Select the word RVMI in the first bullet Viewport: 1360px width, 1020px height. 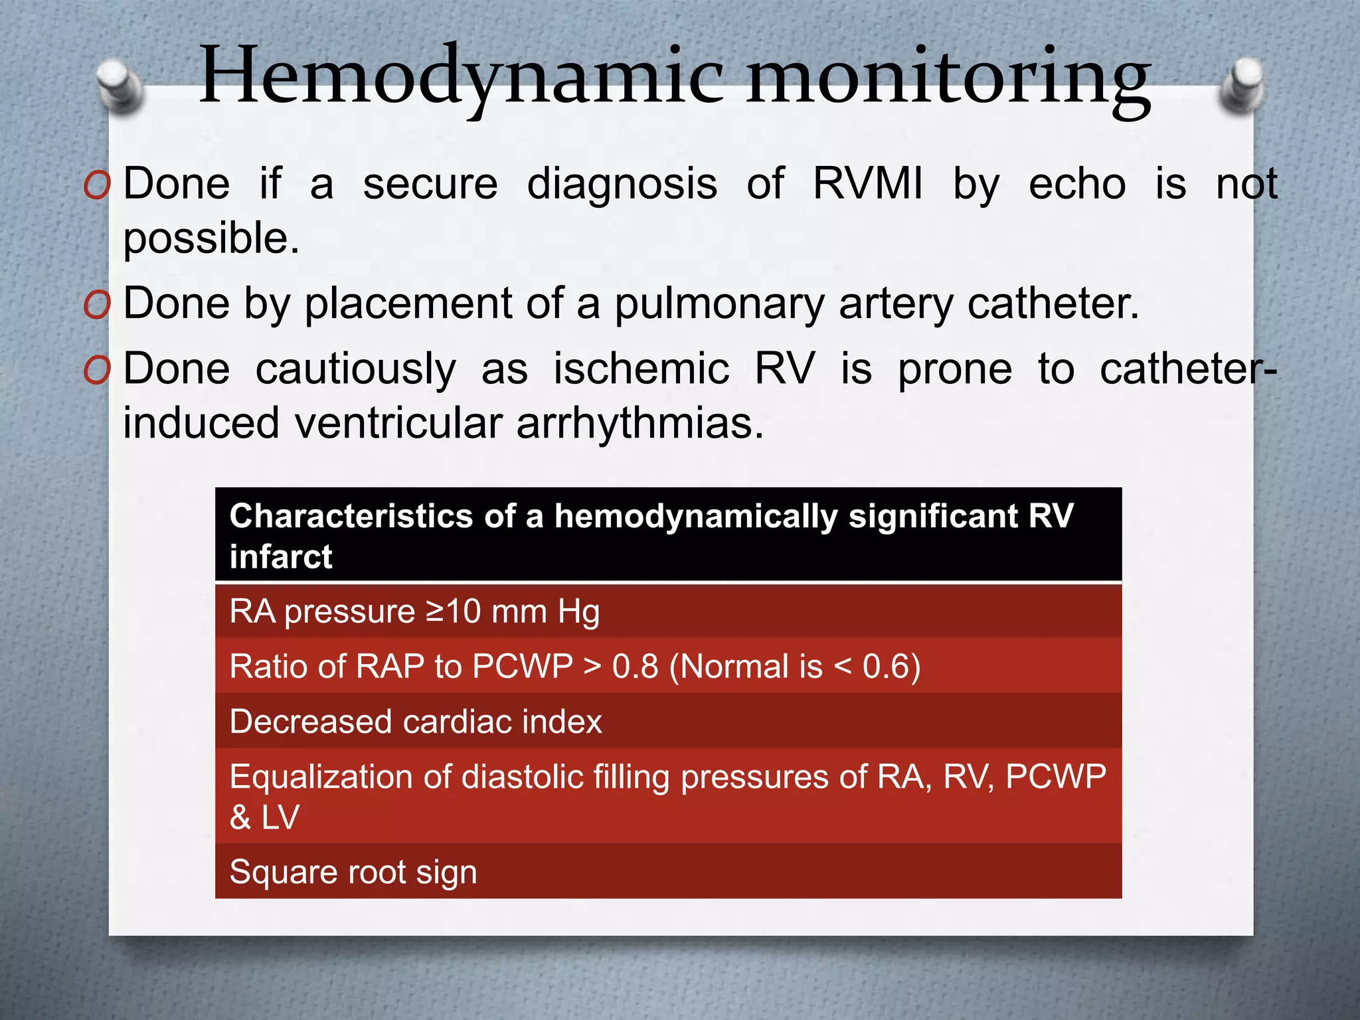click(867, 184)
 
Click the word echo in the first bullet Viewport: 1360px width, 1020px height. click(1076, 184)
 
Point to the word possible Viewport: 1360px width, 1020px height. click(211, 239)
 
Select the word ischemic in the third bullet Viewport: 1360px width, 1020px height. click(641, 369)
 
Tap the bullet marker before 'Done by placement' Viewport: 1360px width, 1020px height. click(97, 306)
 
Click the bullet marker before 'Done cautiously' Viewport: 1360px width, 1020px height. click(97, 371)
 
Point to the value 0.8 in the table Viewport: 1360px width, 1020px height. click(635, 667)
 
